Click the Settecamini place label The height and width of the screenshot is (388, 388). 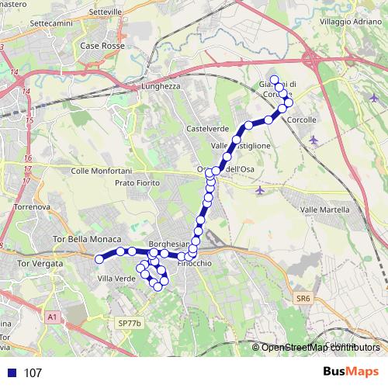click(x=50, y=23)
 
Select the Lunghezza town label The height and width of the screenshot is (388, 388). click(x=161, y=87)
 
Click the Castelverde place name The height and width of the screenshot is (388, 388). click(x=207, y=128)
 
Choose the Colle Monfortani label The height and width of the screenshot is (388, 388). click(x=102, y=170)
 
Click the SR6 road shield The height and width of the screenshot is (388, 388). click(x=302, y=297)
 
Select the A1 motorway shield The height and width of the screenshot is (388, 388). click(x=51, y=317)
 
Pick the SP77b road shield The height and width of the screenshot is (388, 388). click(x=126, y=322)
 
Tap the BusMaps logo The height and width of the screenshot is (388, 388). click(x=351, y=372)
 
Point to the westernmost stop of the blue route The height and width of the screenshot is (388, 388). click(x=99, y=259)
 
